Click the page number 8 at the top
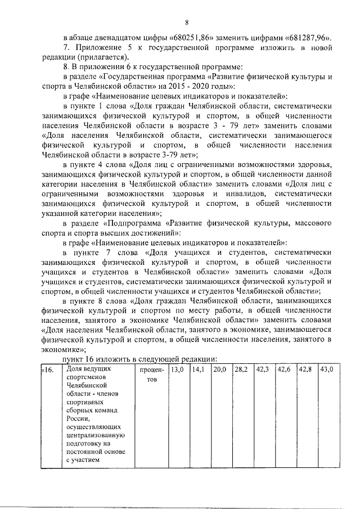(x=186, y=22)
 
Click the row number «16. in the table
(x=47, y=370)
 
